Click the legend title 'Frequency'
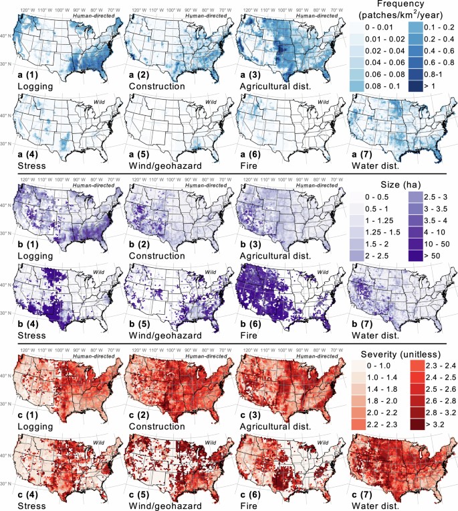point(400,5)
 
